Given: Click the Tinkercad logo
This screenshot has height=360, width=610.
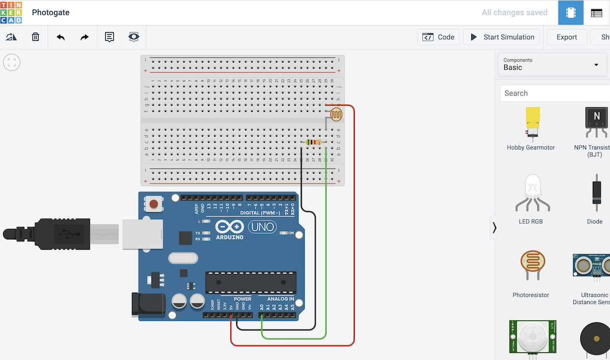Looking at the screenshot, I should pos(11,12).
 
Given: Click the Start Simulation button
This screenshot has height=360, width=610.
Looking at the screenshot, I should pos(502,37).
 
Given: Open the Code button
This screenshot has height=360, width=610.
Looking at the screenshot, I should pos(439,37).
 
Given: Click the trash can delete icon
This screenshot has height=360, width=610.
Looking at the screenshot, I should pos(36,37).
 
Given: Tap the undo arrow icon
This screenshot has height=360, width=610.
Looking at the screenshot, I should pos(60,37).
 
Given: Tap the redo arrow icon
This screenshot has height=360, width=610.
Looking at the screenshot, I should pos(84,37).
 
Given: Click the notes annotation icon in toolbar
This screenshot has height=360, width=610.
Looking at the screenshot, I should pos(109,37).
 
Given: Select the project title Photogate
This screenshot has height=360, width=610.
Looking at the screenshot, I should pos(51,12).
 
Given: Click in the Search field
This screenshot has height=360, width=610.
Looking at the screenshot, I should pos(554,93).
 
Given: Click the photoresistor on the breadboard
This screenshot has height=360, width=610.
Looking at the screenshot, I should pos(336,114).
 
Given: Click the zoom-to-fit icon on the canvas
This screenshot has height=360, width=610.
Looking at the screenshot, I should pos(12,63).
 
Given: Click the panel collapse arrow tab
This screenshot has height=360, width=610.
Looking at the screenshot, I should pos(494,227).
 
